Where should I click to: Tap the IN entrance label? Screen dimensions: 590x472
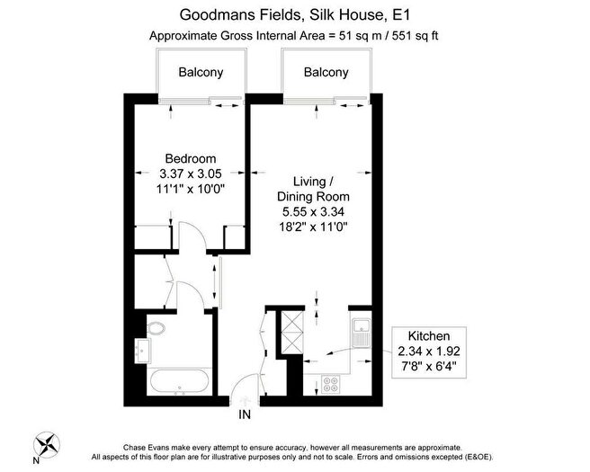[245, 414]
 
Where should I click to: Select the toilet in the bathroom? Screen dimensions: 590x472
[156, 328]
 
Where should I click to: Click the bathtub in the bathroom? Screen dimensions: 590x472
[179, 382]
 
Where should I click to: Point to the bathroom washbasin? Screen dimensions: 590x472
[143, 351]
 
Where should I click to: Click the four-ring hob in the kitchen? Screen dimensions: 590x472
[331, 385]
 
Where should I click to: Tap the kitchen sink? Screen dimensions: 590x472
[362, 333]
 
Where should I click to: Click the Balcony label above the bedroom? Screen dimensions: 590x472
[201, 72]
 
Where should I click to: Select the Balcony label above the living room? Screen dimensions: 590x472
[326, 72]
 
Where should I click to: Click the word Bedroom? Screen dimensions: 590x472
[191, 158]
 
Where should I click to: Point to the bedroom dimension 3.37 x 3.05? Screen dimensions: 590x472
[191, 174]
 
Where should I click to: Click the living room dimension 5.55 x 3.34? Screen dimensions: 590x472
[313, 212]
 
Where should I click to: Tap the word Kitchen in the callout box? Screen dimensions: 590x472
[429, 335]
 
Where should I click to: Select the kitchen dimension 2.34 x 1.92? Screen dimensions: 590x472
[429, 351]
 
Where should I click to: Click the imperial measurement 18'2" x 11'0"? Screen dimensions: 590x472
[313, 227]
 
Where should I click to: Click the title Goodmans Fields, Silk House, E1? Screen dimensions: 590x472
[295, 15]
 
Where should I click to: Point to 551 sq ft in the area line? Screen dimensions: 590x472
[416, 36]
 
